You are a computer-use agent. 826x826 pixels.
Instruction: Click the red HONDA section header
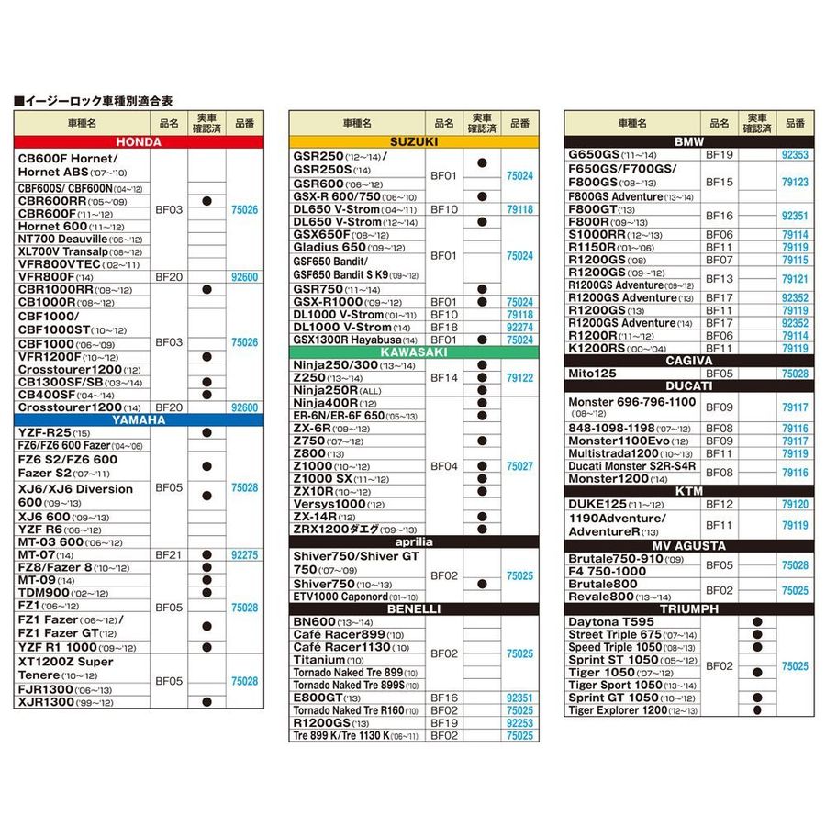(139, 142)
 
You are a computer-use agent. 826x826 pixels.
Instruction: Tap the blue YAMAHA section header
(139, 419)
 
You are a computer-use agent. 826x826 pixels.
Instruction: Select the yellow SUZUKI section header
(413, 142)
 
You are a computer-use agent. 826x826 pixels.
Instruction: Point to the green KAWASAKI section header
(413, 352)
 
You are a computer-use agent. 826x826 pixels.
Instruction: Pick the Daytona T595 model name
(611, 622)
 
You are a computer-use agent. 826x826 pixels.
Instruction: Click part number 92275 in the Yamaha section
(245, 555)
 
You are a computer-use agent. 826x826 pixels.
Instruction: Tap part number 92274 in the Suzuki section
(519, 327)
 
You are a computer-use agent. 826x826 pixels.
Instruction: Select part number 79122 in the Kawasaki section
(519, 377)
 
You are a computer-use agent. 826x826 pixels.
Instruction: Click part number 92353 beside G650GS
(795, 155)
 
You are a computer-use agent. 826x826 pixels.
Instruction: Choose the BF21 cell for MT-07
(169, 555)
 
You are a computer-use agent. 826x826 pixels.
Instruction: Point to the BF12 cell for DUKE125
(720, 504)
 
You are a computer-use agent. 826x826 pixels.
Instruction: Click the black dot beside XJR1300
(206, 702)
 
